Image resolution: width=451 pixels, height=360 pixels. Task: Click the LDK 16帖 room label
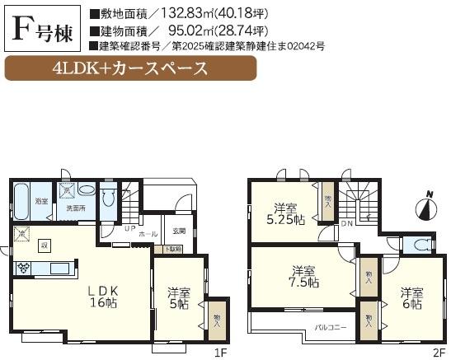(104, 297)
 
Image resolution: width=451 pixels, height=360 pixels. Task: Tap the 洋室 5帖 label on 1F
(177, 298)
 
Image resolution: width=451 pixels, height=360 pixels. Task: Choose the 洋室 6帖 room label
(411, 299)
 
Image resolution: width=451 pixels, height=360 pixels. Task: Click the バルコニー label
(329, 328)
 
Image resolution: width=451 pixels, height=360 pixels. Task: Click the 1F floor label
(220, 353)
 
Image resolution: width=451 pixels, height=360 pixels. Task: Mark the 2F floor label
(439, 353)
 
